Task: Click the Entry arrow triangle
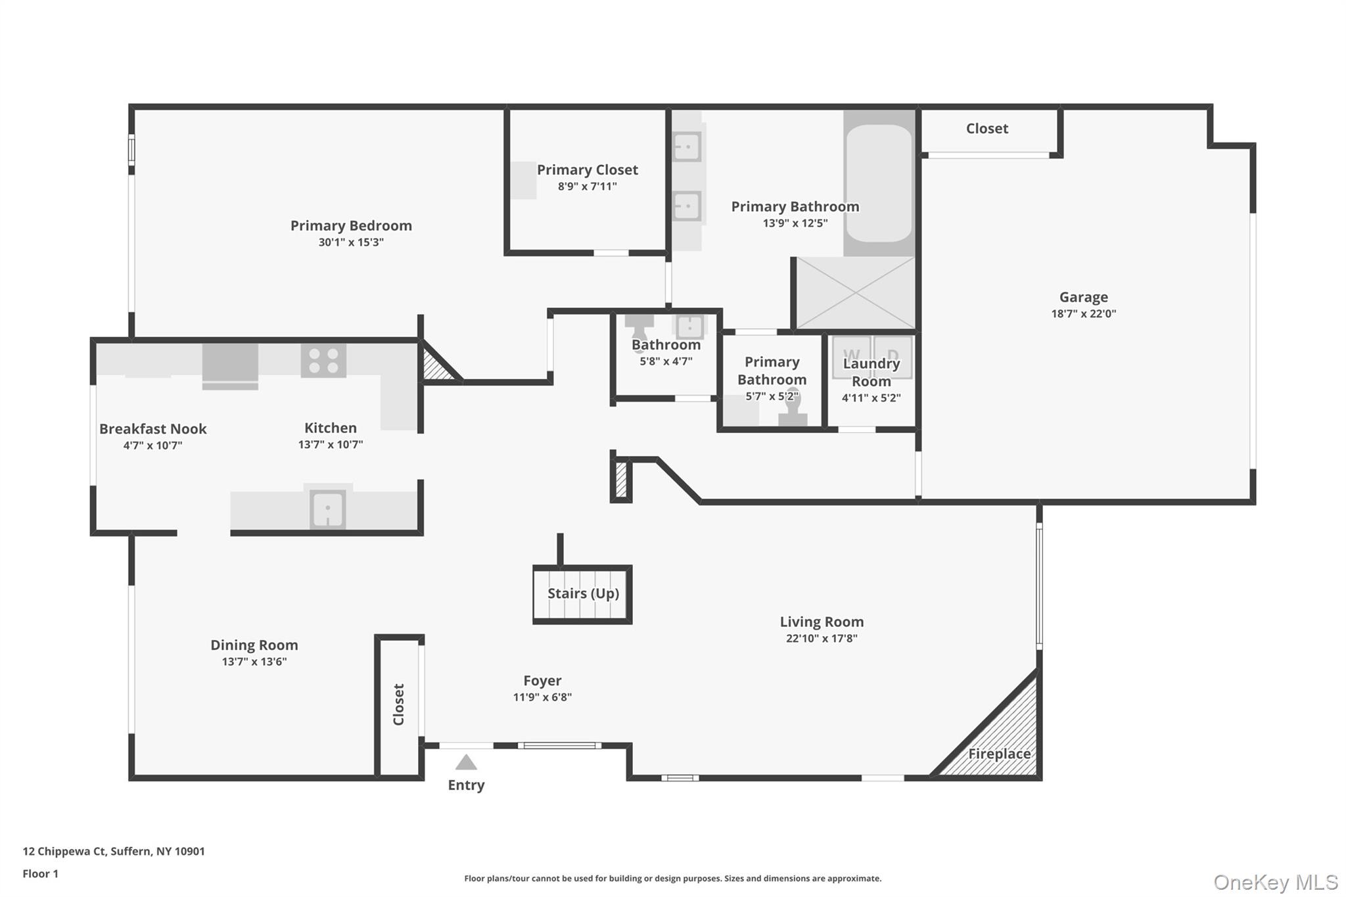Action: click(466, 762)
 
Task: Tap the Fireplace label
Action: click(999, 754)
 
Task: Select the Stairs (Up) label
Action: click(583, 593)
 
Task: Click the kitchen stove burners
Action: click(323, 361)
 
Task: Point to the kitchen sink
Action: click(327, 509)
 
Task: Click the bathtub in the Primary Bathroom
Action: click(879, 183)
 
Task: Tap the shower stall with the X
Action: click(856, 293)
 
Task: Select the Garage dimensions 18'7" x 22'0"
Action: click(1083, 313)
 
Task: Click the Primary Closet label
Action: click(587, 170)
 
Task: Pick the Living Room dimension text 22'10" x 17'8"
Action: click(822, 638)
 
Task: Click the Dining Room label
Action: click(254, 645)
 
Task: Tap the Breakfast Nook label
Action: click(153, 428)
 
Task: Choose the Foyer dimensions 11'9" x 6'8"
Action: click(542, 697)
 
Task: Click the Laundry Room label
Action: click(871, 372)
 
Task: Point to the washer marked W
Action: click(851, 357)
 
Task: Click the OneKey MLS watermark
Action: click(1276, 882)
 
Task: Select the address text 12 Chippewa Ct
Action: click(64, 851)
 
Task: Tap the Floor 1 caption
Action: click(40, 873)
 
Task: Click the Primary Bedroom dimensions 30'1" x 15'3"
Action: click(351, 242)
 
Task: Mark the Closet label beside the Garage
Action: click(986, 128)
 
